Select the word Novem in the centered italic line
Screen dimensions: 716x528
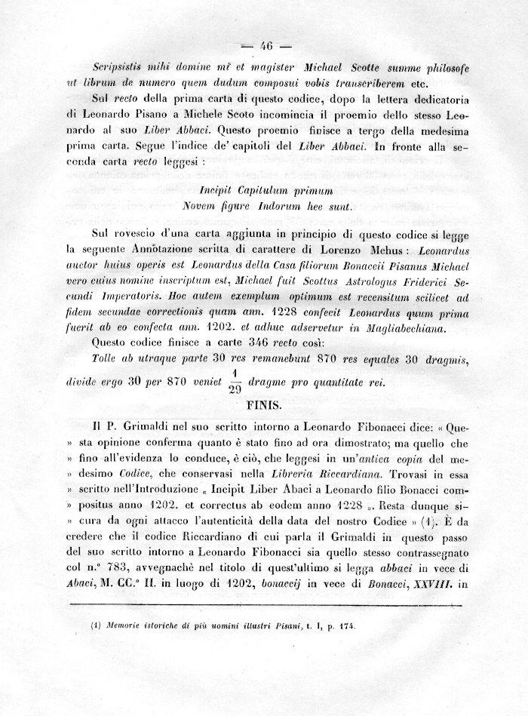click(200, 204)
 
